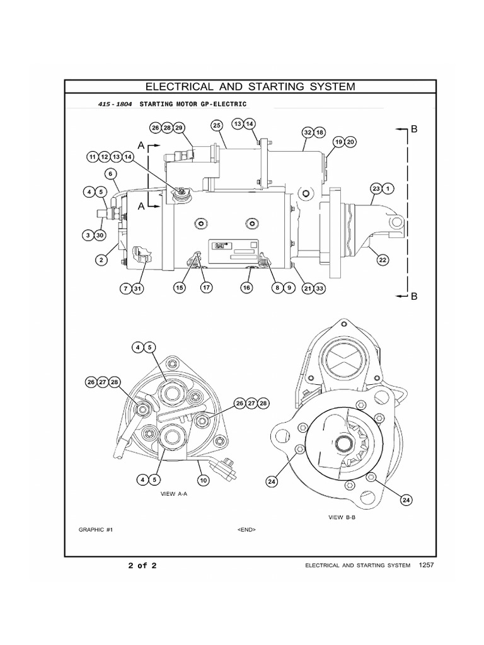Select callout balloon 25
coord(216,126)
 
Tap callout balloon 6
coord(110,173)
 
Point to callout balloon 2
coord(100,258)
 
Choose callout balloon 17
coord(205,288)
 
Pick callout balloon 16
coord(246,288)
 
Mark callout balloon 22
coord(382,258)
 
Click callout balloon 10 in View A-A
coord(203,480)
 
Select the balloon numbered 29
coord(179,128)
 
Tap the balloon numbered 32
coord(307,132)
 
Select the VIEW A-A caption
coord(175,495)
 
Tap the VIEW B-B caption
coord(342,517)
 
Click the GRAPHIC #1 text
coord(96,530)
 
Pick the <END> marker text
coord(246,530)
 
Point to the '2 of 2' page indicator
coord(142,565)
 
